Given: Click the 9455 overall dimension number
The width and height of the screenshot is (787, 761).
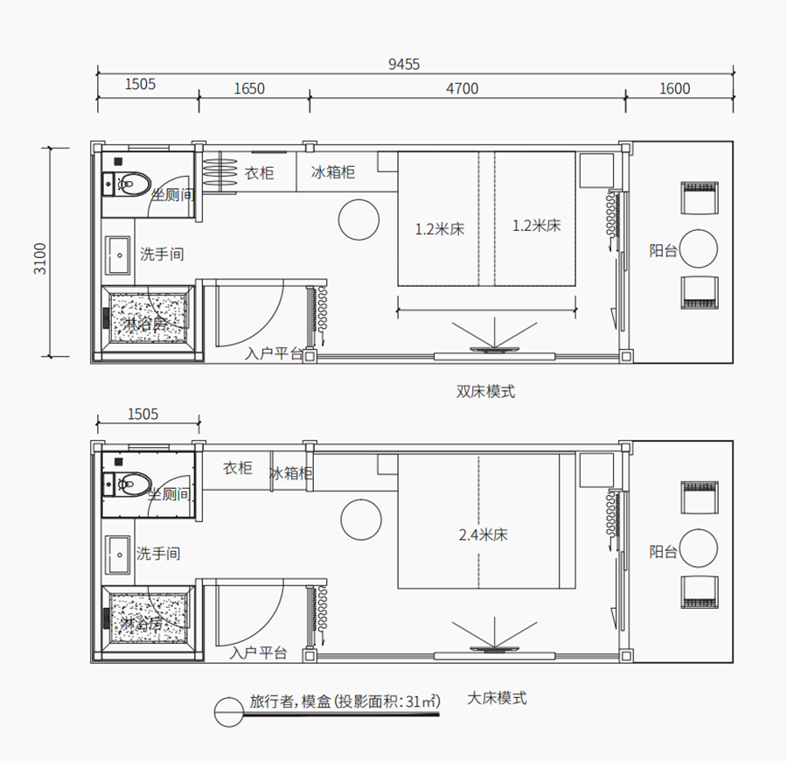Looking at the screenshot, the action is tap(404, 64).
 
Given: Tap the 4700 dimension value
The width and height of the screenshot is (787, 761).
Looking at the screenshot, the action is tap(462, 88).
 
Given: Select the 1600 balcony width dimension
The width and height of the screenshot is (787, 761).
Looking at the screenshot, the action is tap(674, 88).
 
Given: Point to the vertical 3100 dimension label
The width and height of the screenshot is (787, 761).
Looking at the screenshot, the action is tap(39, 259).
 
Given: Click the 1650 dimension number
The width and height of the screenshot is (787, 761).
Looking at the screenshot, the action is tap(249, 88).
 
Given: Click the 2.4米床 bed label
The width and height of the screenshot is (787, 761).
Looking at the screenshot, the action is tap(483, 534).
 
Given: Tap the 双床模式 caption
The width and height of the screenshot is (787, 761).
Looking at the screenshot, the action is tap(485, 391).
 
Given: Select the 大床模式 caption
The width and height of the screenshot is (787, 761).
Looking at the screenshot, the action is tap(497, 698).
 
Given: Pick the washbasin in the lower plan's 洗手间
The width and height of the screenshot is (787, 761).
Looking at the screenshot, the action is tap(118, 555).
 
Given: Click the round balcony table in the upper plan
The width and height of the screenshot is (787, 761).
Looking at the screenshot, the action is tap(698, 248).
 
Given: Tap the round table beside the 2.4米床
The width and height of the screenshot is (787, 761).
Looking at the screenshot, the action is tap(361, 520).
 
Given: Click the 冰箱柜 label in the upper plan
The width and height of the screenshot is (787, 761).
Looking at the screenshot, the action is tap(333, 172).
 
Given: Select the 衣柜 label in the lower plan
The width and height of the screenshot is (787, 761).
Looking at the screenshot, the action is tap(237, 468).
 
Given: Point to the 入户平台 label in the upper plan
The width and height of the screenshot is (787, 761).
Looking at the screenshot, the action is tap(274, 353).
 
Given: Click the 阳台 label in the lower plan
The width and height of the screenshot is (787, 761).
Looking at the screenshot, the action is tap(663, 552).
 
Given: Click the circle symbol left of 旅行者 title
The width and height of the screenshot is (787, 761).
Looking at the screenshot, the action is tap(229, 712).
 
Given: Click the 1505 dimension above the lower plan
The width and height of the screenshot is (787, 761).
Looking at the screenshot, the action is tap(143, 414).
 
